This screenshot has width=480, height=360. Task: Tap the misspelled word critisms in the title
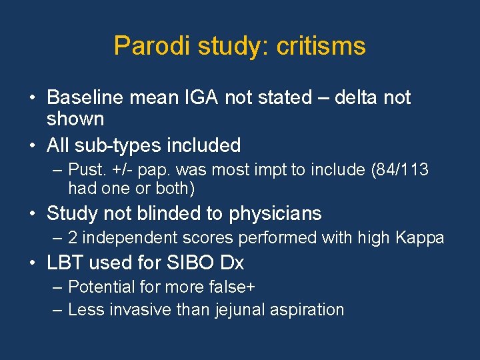[x=320, y=46]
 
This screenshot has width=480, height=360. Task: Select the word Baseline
[x=86, y=98]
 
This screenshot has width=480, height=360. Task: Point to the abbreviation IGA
[x=202, y=98]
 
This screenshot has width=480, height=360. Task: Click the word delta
[x=357, y=98]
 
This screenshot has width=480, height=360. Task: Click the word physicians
[x=275, y=214]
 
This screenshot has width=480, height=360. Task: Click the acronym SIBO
[x=186, y=263]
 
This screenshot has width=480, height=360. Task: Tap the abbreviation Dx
[x=232, y=263]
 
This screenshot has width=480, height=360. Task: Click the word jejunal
[x=239, y=310]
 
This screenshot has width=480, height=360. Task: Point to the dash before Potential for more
[x=57, y=287]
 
